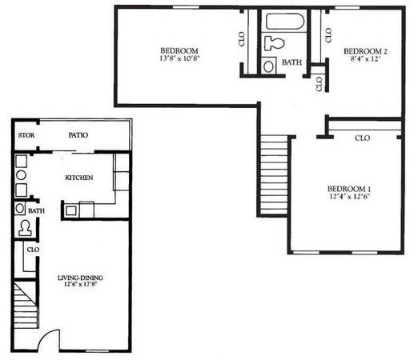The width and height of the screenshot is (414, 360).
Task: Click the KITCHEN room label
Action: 79,178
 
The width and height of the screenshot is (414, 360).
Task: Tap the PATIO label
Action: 78,135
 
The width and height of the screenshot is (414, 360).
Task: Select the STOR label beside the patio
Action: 26,135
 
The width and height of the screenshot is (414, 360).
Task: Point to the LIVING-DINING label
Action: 80,278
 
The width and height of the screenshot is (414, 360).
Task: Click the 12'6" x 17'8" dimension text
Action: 80,284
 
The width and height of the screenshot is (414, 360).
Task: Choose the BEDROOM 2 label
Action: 365,51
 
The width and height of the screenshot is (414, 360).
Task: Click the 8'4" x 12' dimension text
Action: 365,59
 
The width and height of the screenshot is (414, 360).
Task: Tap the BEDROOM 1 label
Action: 349,189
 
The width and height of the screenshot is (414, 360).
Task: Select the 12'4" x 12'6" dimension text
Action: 349,197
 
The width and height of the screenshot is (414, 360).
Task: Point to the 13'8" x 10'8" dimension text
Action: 179,58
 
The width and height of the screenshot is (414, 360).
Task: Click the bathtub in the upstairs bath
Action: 285,22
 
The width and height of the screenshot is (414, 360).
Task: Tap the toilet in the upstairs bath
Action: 274,43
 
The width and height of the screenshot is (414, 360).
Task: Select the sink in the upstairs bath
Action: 268,66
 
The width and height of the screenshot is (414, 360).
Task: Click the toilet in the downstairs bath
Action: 25,228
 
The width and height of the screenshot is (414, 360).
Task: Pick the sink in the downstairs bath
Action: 20,208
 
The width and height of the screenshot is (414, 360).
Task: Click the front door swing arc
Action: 44,335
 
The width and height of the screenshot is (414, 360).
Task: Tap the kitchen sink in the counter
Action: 71,210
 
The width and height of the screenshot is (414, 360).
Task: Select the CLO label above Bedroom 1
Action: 362,138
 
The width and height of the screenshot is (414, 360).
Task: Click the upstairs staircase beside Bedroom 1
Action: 274,175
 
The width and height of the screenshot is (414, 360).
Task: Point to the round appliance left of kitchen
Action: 21,175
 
